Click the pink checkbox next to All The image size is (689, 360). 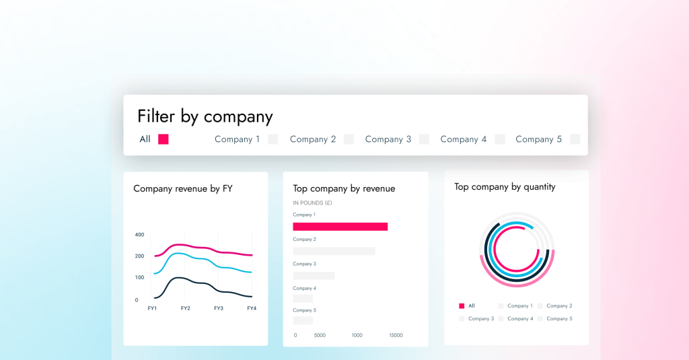tap(163, 139)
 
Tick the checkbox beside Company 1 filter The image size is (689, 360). tap(273, 139)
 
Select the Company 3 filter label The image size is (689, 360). tap(388, 139)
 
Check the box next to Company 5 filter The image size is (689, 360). tap(575, 139)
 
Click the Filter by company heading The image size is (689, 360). tap(205, 116)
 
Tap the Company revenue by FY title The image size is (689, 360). tap(183, 188)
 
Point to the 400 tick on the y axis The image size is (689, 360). tap(139, 235)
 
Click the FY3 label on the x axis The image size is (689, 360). tap(219, 308)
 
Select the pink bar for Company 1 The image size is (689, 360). tap(340, 227)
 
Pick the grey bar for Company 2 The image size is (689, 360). tap(334, 251)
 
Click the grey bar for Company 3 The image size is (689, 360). tap(314, 275)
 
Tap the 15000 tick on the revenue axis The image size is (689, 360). tap(396, 335)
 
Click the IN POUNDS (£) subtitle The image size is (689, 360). tap(312, 203)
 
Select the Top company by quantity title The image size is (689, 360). tap(505, 187)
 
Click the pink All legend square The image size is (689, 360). tap(462, 305)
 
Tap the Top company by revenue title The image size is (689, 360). tap(344, 188)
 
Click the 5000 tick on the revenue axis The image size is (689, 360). tap(320, 335)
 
